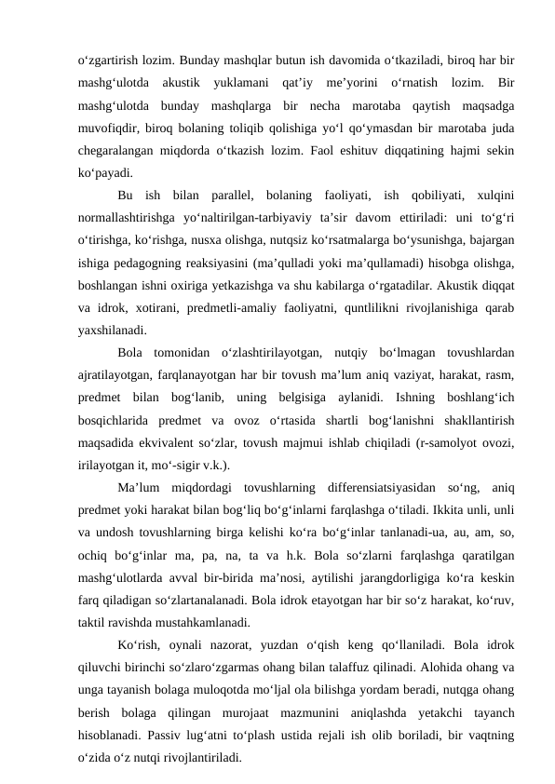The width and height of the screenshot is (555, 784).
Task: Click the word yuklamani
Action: (x=240, y=81)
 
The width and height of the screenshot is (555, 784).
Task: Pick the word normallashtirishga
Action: (x=132, y=216)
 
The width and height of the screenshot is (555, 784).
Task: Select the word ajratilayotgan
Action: (x=115, y=374)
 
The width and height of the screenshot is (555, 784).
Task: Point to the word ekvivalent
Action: (x=173, y=441)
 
